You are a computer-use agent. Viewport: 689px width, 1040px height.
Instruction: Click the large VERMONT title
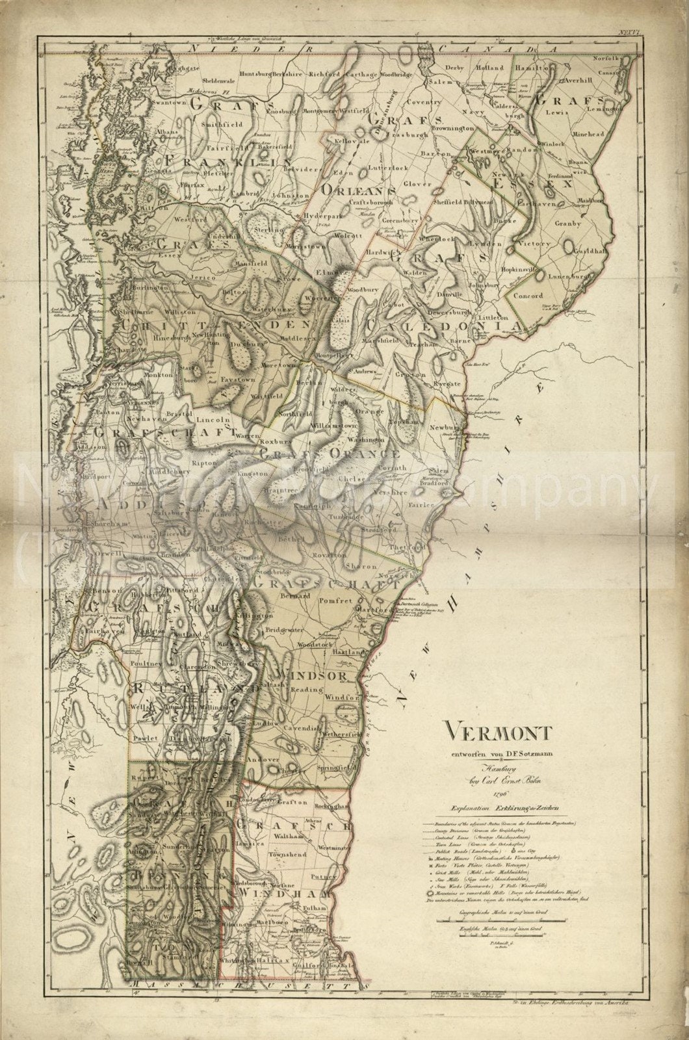(x=499, y=733)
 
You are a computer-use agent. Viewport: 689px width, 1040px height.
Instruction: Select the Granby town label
(x=567, y=222)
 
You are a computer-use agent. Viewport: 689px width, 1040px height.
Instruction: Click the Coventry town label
(x=424, y=102)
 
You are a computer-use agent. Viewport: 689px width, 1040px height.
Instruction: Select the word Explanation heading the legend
(x=465, y=808)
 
